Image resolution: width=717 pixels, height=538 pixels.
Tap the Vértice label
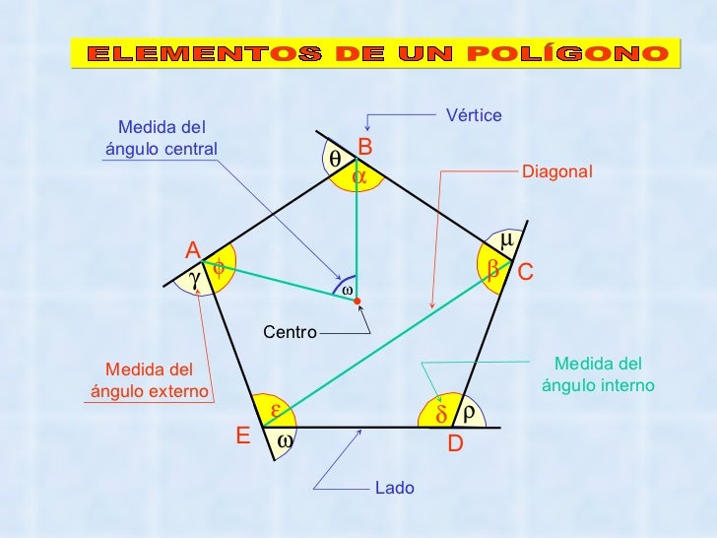pos(474,116)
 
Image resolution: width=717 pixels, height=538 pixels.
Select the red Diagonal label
pos(557,171)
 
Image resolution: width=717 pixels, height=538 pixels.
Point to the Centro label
pos(290,333)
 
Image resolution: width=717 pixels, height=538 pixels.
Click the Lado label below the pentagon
pos(395,488)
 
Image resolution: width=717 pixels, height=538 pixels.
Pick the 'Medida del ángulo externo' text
pos(150,380)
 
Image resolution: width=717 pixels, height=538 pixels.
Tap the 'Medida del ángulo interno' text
pos(598,374)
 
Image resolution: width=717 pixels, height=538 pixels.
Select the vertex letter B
pos(364,147)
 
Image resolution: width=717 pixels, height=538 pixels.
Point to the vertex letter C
pos(526,270)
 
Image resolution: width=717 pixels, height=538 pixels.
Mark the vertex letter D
pos(455,444)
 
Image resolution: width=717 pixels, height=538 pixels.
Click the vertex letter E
pos(242,436)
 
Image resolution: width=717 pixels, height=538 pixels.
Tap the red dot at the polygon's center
pos(358,300)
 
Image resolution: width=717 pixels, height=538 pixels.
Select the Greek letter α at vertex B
pos(360,176)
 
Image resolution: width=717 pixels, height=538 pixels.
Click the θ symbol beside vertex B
pos(335,158)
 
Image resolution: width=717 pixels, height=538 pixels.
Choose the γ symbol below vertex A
pos(195,280)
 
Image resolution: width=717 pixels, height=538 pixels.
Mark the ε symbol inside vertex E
pos(277,409)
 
